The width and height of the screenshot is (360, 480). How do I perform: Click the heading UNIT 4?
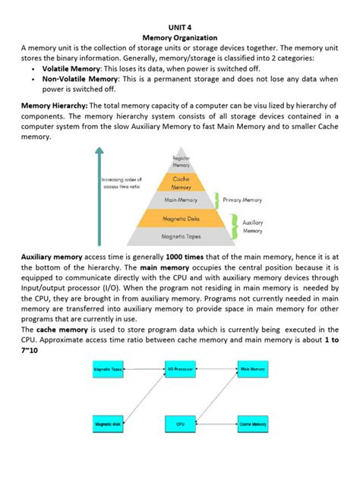point(180,24)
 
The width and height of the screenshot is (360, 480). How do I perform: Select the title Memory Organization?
point(180,36)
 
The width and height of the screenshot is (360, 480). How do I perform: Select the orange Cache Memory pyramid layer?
point(181,182)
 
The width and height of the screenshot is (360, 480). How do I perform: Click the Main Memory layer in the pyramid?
point(181,201)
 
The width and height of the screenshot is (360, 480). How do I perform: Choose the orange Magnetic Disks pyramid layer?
point(181,219)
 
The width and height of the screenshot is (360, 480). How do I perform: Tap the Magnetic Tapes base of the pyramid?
point(181,237)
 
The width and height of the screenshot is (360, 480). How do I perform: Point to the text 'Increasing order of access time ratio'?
point(125,182)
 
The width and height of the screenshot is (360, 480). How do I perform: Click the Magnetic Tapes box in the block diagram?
point(109,368)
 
